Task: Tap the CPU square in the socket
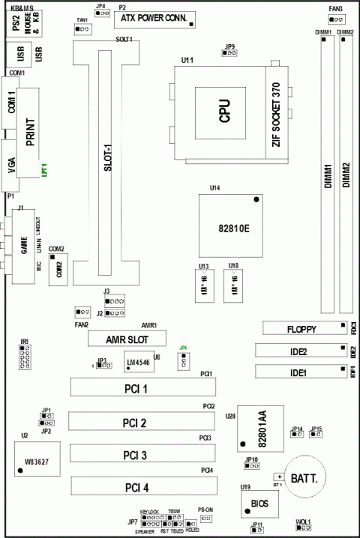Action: (x=223, y=112)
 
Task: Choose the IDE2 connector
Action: (x=298, y=351)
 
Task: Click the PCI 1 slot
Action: (x=142, y=388)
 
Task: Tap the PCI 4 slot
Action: (x=142, y=488)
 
